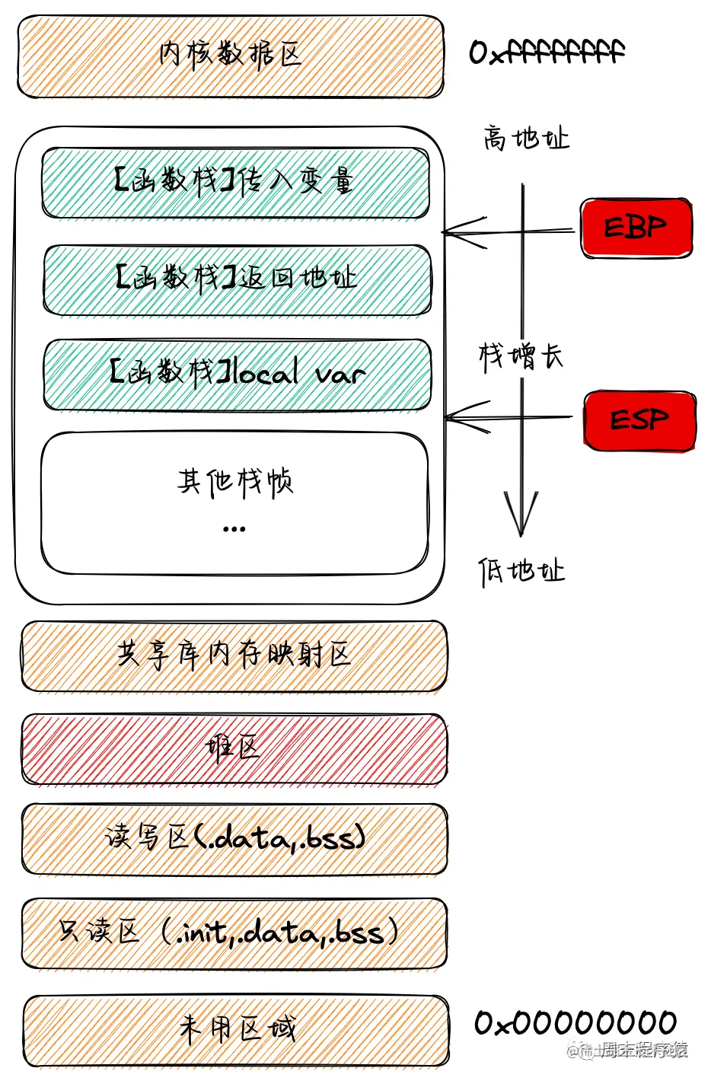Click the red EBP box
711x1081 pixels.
636,228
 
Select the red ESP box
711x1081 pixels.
639,420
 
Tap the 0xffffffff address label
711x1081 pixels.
547,53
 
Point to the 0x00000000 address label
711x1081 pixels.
575,1022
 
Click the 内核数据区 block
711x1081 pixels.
230,56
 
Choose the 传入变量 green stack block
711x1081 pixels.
234,183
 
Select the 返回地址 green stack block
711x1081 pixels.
236,279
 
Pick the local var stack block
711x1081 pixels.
236,375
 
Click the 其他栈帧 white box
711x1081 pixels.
234,502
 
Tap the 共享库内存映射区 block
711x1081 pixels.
234,655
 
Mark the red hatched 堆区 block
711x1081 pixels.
234,749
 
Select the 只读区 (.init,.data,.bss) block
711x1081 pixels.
234,933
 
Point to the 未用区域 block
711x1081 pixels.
236,1030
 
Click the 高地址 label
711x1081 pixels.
525,139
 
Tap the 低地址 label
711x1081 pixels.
521,571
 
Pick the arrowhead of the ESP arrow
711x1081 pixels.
450,417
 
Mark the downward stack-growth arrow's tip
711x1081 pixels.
521,533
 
